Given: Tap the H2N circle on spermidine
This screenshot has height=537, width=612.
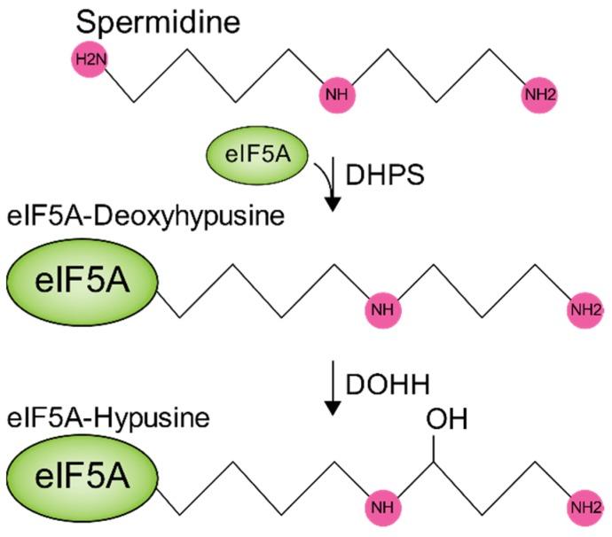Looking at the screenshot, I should [89, 61].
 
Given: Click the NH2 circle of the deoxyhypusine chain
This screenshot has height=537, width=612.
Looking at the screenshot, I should [587, 310].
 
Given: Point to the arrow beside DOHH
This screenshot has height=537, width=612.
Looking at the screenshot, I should [333, 385].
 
